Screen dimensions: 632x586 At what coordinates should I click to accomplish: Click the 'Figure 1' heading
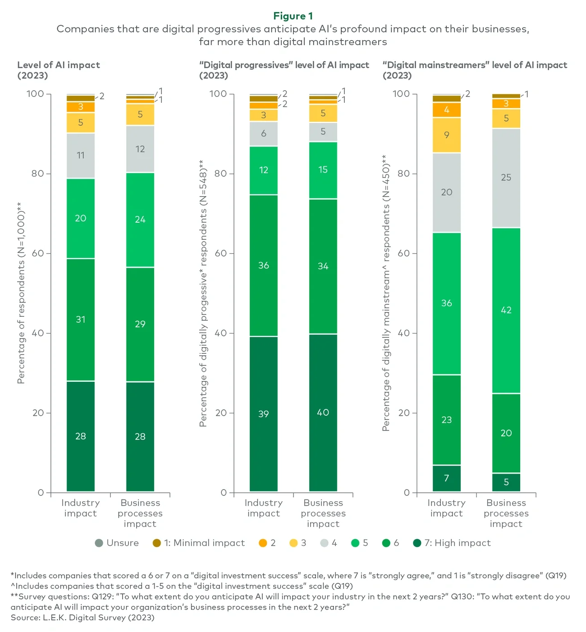click(293, 16)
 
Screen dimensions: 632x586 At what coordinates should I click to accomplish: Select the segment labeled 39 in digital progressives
click(264, 413)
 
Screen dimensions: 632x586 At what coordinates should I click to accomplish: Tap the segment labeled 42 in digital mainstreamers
click(506, 310)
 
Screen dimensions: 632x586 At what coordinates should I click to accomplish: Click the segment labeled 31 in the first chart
click(81, 320)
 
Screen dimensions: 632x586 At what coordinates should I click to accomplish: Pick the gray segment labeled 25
click(506, 178)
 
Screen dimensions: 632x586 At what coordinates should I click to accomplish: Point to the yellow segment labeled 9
click(446, 135)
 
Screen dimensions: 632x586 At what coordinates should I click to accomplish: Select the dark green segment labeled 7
click(446, 478)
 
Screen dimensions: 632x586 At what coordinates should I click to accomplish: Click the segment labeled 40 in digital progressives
click(323, 412)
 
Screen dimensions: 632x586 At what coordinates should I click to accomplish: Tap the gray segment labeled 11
click(81, 156)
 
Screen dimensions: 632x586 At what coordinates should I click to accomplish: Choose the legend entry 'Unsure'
click(117, 543)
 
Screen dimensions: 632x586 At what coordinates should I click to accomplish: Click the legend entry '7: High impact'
click(452, 543)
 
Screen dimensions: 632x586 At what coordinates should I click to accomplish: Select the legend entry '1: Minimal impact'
click(199, 543)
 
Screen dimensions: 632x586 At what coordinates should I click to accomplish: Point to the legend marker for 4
click(325, 543)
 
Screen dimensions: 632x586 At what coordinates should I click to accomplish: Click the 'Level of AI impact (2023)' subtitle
click(59, 70)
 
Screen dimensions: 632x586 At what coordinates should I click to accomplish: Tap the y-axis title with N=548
click(203, 293)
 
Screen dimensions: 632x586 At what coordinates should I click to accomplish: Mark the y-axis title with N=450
click(386, 293)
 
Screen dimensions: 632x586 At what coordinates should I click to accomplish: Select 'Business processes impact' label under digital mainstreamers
click(506, 513)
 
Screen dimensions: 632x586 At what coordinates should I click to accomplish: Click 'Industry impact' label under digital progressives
click(264, 508)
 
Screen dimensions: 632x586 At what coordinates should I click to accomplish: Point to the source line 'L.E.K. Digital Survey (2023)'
click(82, 618)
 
